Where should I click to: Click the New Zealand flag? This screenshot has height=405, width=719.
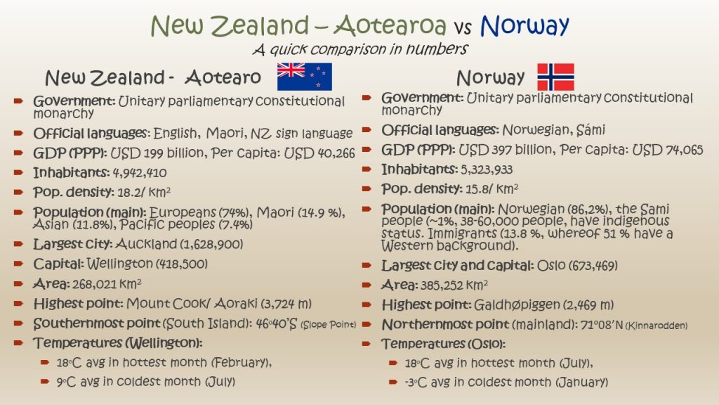(x=305, y=77)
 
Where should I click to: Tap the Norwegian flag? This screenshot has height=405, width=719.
(x=556, y=77)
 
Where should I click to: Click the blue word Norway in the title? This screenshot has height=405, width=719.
(x=525, y=26)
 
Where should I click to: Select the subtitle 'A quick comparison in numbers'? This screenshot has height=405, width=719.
(x=360, y=49)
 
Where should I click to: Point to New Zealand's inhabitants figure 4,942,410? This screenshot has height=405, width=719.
(x=140, y=173)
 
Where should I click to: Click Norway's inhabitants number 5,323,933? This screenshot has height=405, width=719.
(x=487, y=170)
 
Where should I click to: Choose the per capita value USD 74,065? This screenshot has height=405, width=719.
(x=668, y=150)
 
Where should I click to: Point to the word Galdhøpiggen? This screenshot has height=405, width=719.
(x=517, y=305)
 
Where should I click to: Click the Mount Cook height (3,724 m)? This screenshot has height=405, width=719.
(x=286, y=304)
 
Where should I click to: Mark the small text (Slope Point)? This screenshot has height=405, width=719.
(x=329, y=325)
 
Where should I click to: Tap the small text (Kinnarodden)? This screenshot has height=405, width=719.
(x=657, y=326)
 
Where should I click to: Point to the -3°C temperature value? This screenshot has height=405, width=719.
(x=416, y=382)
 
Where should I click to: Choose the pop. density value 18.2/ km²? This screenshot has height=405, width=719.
(x=144, y=192)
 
